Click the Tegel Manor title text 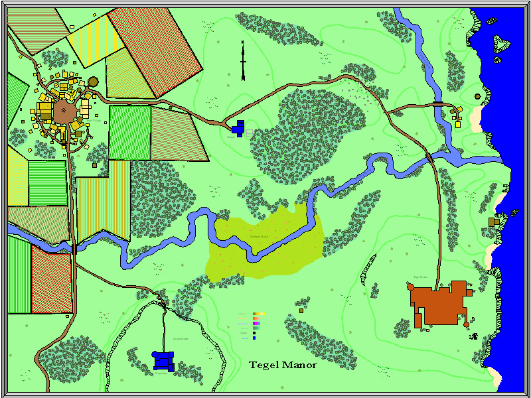coord(283,365)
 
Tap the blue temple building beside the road coord(238,128)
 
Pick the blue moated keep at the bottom coord(163,360)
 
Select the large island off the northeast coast coord(501,44)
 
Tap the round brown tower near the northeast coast coord(478,96)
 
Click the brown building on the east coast coord(493,222)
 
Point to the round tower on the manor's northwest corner coord(411,287)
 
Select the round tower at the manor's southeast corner coord(466,324)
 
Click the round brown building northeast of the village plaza coord(93,82)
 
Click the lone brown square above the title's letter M coord(301,309)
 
